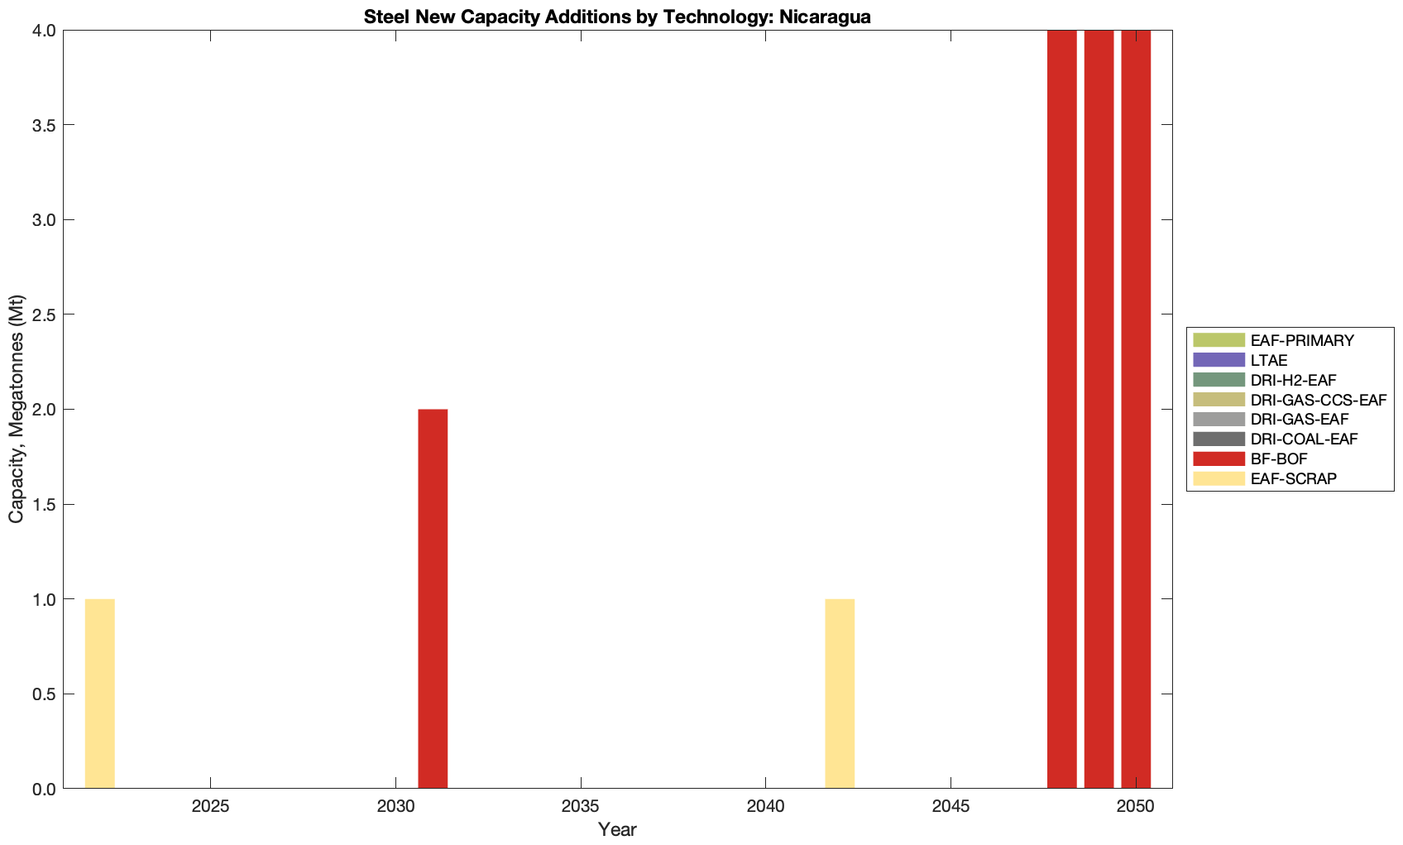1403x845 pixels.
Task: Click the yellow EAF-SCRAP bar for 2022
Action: click(x=99, y=694)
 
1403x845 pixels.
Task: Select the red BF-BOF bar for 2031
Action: click(x=433, y=598)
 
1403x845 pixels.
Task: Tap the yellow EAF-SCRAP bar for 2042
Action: click(x=840, y=694)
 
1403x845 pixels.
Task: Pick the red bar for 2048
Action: click(x=1061, y=410)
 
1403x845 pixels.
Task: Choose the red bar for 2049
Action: click(x=1099, y=410)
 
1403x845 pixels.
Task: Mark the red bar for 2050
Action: click(x=1136, y=410)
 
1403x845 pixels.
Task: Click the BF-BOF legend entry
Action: click(x=1278, y=459)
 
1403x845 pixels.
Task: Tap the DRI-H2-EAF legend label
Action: click(x=1293, y=380)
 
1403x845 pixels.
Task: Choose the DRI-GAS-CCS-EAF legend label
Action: click(x=1318, y=400)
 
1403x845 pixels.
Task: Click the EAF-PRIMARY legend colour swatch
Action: click(x=1219, y=340)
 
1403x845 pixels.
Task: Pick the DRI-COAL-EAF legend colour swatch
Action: click(x=1219, y=439)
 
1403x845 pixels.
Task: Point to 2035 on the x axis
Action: click(x=581, y=806)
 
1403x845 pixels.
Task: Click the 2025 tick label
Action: click(x=211, y=806)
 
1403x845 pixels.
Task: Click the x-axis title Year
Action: click(x=617, y=829)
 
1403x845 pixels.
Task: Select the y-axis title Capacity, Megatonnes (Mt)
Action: click(x=17, y=409)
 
